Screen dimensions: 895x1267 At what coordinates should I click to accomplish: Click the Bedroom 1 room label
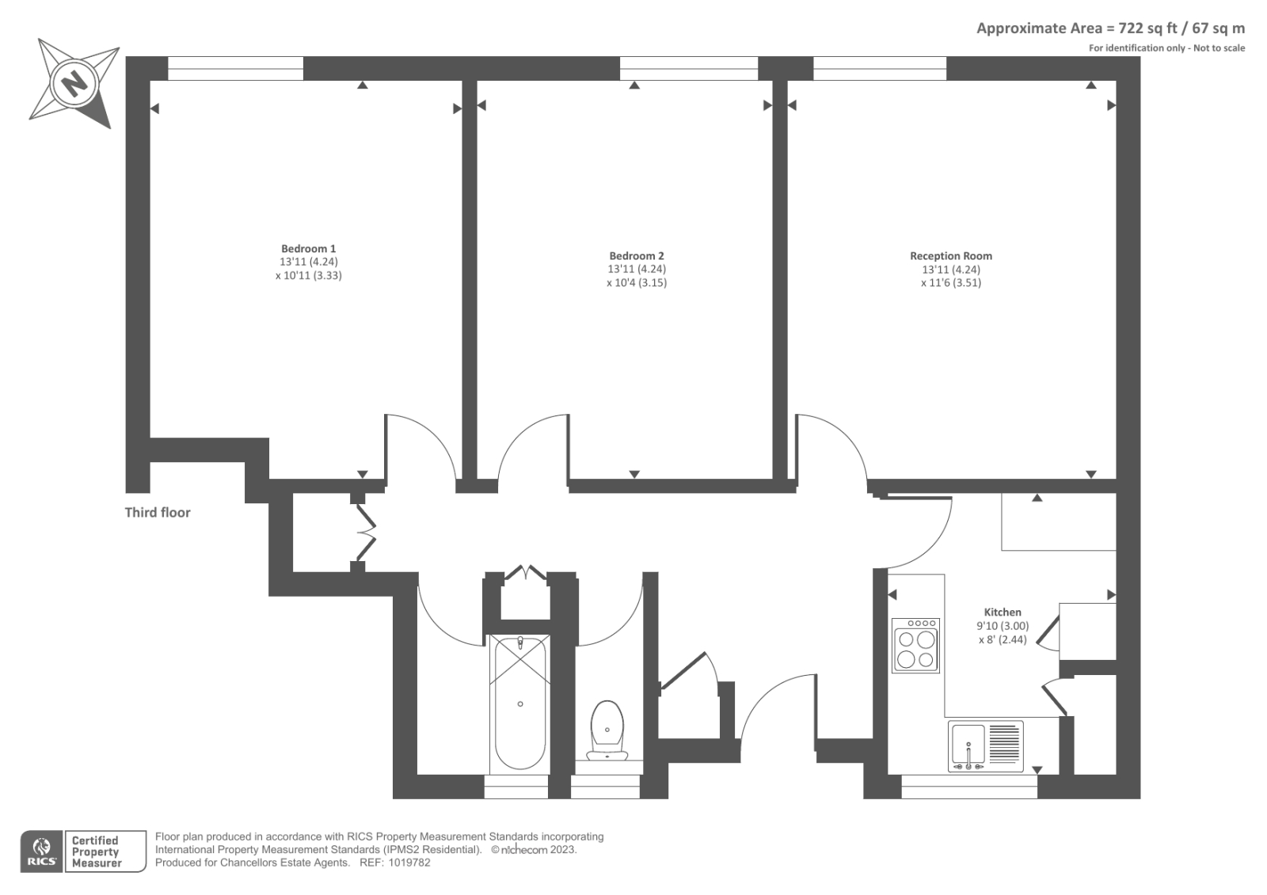pos(308,248)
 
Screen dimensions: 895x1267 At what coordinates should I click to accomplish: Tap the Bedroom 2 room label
pos(636,256)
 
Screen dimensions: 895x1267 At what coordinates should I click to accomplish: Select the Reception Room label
pos(950,256)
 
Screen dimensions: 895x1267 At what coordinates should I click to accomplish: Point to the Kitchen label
pos(1002,612)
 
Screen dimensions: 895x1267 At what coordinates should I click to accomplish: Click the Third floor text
pos(158,512)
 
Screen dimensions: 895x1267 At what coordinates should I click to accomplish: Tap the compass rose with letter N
pos(74,82)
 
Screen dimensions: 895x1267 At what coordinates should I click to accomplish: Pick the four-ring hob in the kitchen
pos(915,645)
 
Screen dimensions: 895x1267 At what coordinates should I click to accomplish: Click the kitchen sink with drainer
pos(985,746)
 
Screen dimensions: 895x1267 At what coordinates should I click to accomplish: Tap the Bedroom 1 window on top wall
pos(235,69)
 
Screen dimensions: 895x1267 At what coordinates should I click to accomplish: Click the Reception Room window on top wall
pos(879,69)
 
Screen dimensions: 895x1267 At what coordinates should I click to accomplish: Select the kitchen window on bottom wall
pos(969,786)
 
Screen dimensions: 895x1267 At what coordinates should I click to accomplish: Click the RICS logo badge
pos(42,851)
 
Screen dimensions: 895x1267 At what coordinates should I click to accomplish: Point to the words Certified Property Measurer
pos(96,851)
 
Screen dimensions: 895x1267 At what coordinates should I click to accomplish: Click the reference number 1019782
pos(411,863)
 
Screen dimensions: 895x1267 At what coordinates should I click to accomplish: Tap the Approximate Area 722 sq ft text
pos(1109,28)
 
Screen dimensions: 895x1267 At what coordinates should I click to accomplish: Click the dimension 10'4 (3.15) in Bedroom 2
pos(637,283)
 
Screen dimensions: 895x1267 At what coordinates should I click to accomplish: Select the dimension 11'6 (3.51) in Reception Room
pos(950,283)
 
